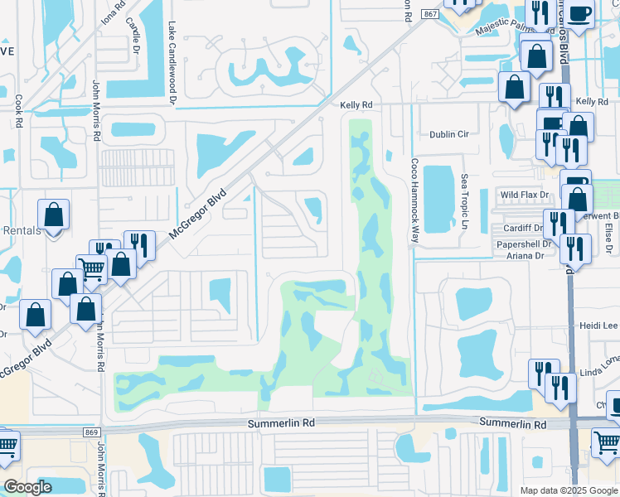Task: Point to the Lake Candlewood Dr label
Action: [x=173, y=63]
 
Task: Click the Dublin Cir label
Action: [x=448, y=133]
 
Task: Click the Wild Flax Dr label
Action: [x=525, y=195]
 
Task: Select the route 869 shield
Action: [x=91, y=432]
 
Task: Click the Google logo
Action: [x=27, y=487]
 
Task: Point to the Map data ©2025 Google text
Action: [x=569, y=490]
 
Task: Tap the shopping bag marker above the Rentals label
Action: [x=53, y=215]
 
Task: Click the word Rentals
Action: [x=20, y=230]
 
